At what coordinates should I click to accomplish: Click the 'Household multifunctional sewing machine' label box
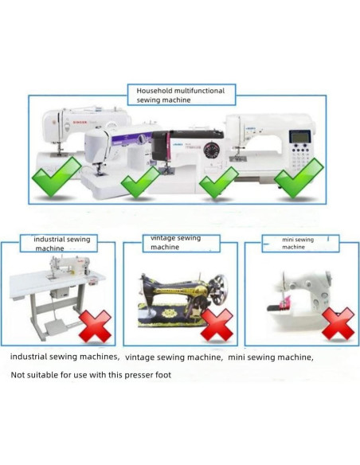pyautogui.click(x=180, y=96)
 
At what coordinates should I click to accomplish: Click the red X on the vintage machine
pyautogui.click(x=216, y=324)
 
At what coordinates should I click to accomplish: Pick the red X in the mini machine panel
pyautogui.click(x=337, y=324)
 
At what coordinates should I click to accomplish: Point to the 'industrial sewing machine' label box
pyautogui.click(x=61, y=243)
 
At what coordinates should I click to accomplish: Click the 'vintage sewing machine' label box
pyautogui.click(x=177, y=242)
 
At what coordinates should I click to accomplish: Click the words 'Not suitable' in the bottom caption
pyautogui.click(x=33, y=374)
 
